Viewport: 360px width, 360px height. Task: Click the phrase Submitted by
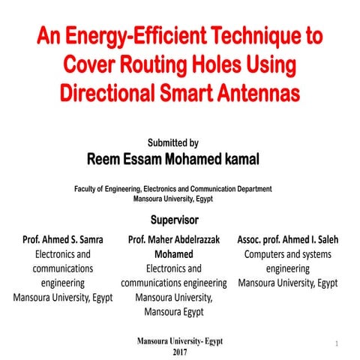[173, 142]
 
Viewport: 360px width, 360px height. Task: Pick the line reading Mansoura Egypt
[174, 311]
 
